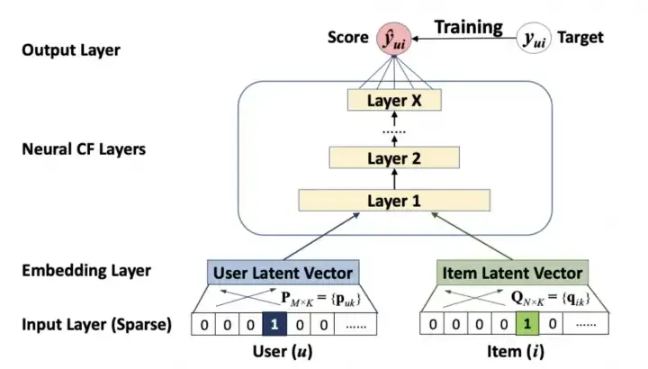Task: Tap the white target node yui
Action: point(534,40)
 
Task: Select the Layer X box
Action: point(395,101)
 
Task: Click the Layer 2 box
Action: point(395,159)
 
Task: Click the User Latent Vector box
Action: point(283,272)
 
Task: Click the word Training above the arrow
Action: point(468,27)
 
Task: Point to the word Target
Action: point(580,39)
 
